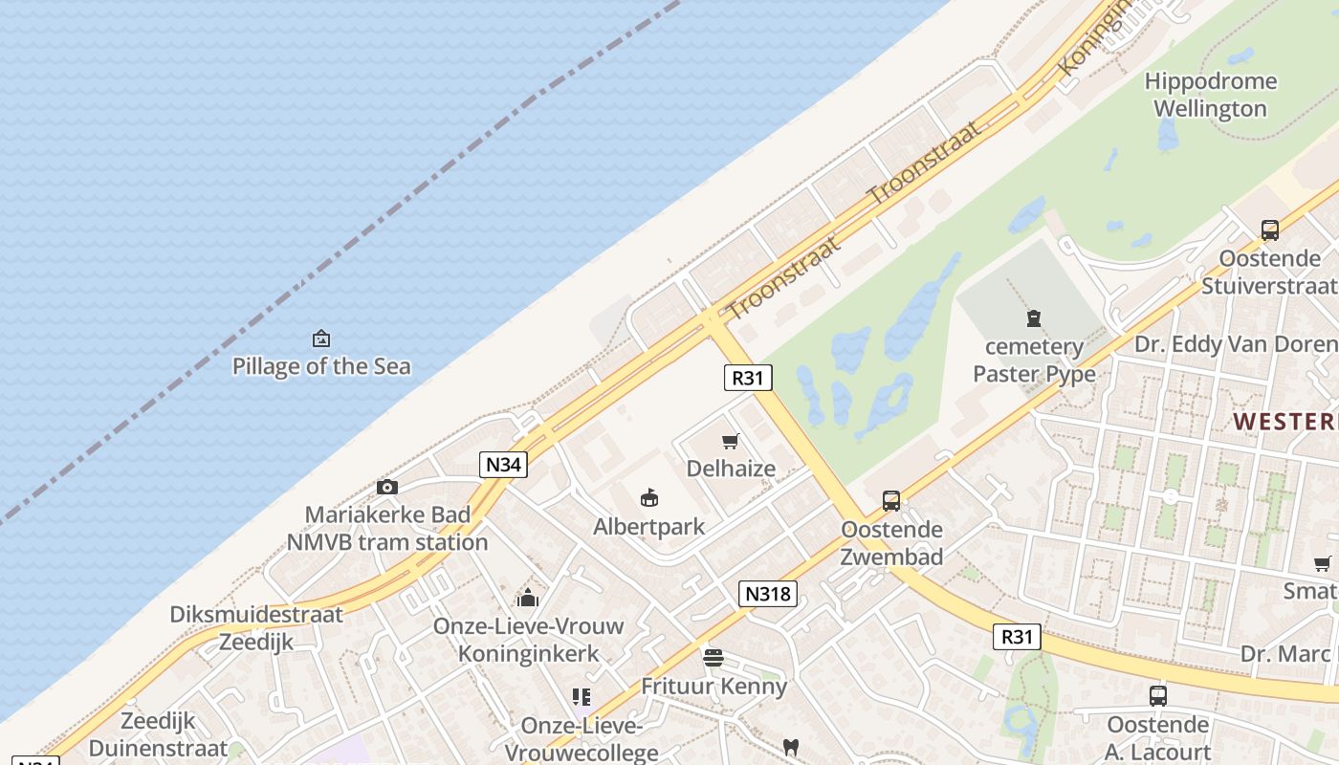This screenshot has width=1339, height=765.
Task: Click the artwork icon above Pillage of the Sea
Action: click(x=321, y=339)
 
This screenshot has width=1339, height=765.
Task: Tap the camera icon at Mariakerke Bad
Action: click(x=387, y=487)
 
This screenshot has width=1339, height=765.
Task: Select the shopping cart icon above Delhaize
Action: click(x=731, y=441)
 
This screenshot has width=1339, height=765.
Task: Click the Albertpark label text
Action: click(x=648, y=527)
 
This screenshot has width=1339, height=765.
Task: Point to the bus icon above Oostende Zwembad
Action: click(x=891, y=500)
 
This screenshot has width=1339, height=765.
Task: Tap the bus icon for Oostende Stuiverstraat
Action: click(x=1270, y=229)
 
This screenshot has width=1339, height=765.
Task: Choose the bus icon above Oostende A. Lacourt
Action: click(x=1158, y=695)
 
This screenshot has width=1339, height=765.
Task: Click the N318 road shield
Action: click(x=768, y=594)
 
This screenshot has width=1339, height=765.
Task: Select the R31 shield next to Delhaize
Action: click(x=747, y=378)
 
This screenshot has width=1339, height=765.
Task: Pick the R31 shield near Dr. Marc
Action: click(x=1016, y=637)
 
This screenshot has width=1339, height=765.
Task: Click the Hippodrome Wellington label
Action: click(x=1210, y=95)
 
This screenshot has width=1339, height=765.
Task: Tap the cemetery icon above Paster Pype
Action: click(x=1033, y=318)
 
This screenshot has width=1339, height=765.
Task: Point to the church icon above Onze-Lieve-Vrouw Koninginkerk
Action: click(x=528, y=599)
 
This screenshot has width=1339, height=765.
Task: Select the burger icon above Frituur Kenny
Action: click(x=713, y=658)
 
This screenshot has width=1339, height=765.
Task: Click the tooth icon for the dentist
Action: click(x=791, y=747)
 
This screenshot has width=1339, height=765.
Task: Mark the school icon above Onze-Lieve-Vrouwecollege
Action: click(x=581, y=697)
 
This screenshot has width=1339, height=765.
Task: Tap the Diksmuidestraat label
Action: click(x=255, y=614)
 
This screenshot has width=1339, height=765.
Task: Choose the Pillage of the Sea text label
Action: click(x=321, y=366)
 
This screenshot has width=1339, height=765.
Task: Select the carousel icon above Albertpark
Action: click(x=649, y=498)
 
